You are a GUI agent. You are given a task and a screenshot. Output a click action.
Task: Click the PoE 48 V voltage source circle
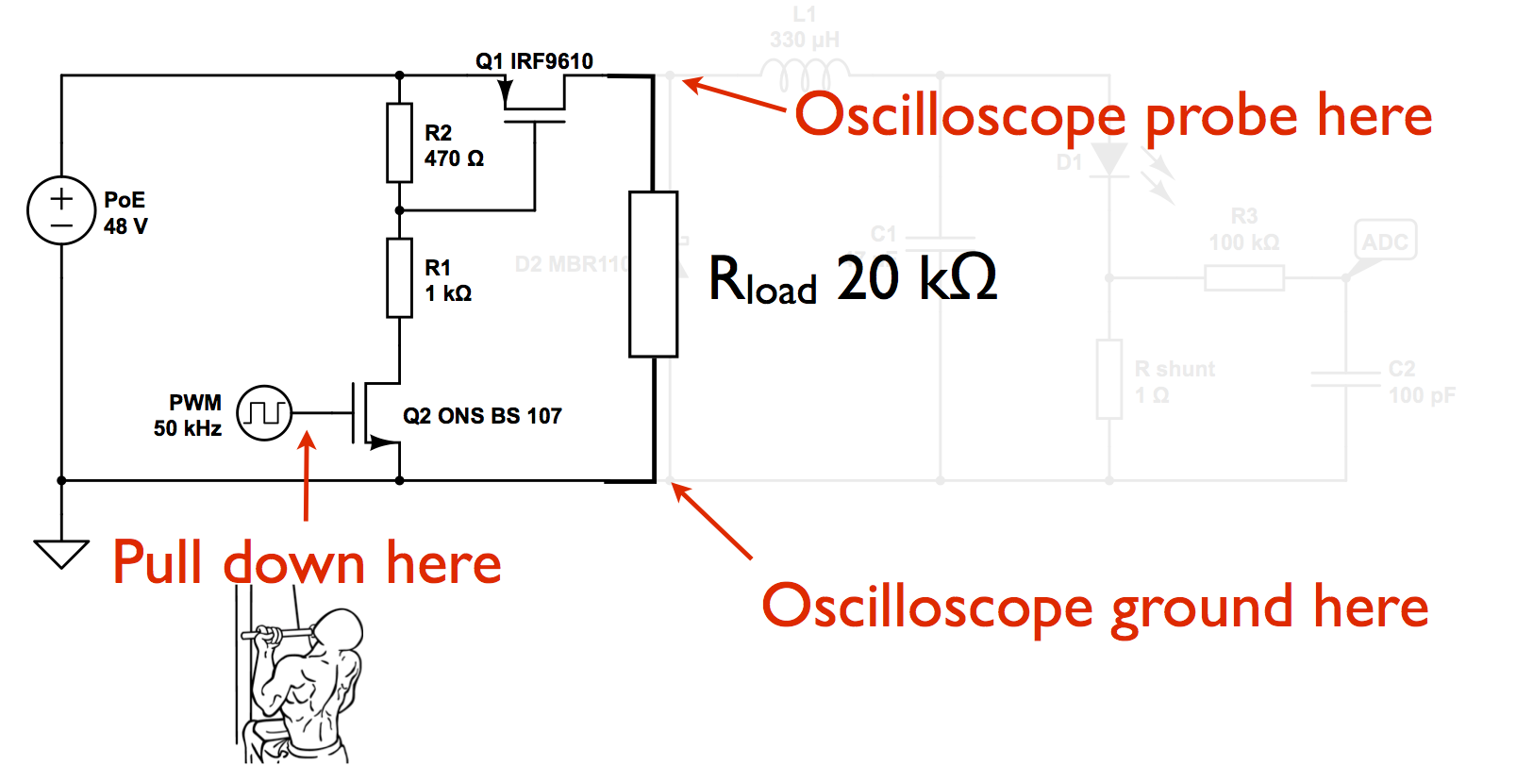(61, 210)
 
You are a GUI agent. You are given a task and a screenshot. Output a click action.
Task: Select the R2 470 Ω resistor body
(400, 142)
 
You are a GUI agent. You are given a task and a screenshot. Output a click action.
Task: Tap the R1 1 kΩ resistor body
(400, 278)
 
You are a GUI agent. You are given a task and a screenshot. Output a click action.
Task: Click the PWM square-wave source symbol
(264, 413)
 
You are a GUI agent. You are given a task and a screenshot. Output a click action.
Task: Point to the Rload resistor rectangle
(653, 275)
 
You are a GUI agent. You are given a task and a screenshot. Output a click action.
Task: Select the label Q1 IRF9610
(534, 61)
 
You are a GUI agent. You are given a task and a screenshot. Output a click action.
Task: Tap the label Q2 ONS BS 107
(482, 416)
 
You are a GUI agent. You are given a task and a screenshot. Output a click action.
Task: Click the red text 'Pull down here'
(307, 563)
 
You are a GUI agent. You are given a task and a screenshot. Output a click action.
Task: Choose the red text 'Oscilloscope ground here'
(1094, 607)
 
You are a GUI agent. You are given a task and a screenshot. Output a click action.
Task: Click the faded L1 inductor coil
(805, 74)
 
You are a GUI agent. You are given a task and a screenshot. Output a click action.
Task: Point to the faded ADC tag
(1385, 241)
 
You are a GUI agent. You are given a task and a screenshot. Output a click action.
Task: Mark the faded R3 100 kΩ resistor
(1243, 277)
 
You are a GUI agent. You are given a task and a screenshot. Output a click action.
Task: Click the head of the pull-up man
(337, 630)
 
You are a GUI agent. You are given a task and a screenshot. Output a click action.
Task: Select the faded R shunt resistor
(1109, 379)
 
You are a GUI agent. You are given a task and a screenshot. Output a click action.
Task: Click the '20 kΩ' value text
(916, 278)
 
